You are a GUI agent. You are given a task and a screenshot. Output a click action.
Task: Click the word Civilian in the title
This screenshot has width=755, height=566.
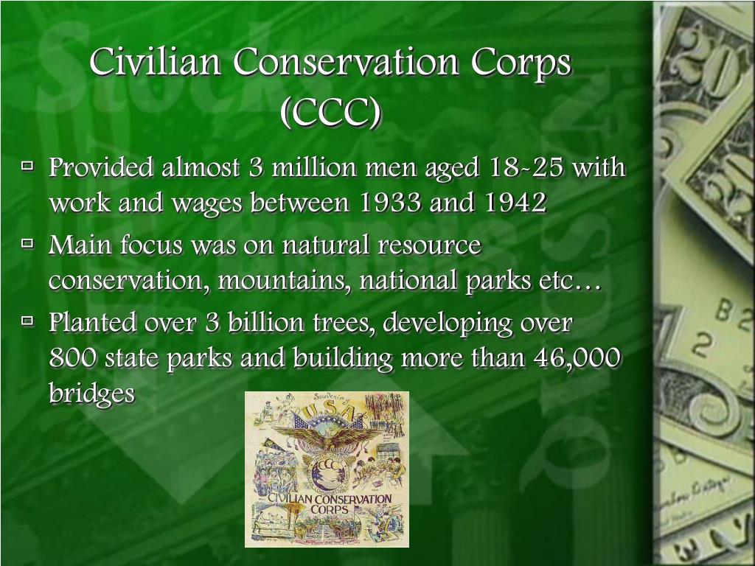point(155,61)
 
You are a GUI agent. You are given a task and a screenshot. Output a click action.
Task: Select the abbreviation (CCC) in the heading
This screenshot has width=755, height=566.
point(331,113)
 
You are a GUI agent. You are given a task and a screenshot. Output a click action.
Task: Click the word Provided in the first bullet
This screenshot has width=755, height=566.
point(101,167)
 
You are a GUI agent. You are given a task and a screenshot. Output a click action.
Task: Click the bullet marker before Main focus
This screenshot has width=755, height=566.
point(28,243)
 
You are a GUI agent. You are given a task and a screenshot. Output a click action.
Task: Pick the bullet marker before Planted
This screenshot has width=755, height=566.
point(28,320)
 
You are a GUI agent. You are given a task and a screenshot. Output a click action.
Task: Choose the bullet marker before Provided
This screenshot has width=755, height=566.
point(28,166)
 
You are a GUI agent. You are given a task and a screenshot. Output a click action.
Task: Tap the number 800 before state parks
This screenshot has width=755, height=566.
point(73,358)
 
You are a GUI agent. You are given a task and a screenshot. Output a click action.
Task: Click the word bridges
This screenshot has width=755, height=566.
point(91,394)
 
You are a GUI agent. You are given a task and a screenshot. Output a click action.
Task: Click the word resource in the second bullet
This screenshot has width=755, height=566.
point(429,245)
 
